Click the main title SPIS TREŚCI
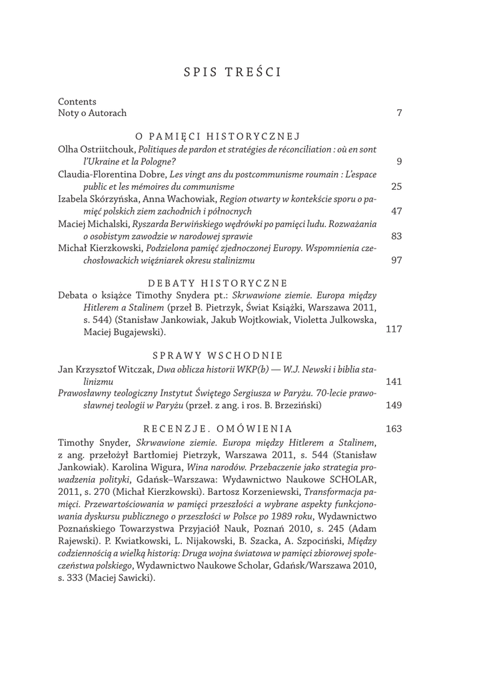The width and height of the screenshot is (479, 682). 231,72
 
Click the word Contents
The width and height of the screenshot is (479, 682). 77,102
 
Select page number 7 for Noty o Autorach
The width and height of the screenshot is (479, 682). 398,114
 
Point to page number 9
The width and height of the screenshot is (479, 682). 398,161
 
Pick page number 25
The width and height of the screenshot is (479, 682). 396,186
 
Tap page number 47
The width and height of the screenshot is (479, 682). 396,212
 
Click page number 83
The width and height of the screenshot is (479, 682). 396,236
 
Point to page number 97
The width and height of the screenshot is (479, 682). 396,260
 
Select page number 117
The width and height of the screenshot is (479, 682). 394,329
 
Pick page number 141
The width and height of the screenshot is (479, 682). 394,382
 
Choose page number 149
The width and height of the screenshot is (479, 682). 394,406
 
